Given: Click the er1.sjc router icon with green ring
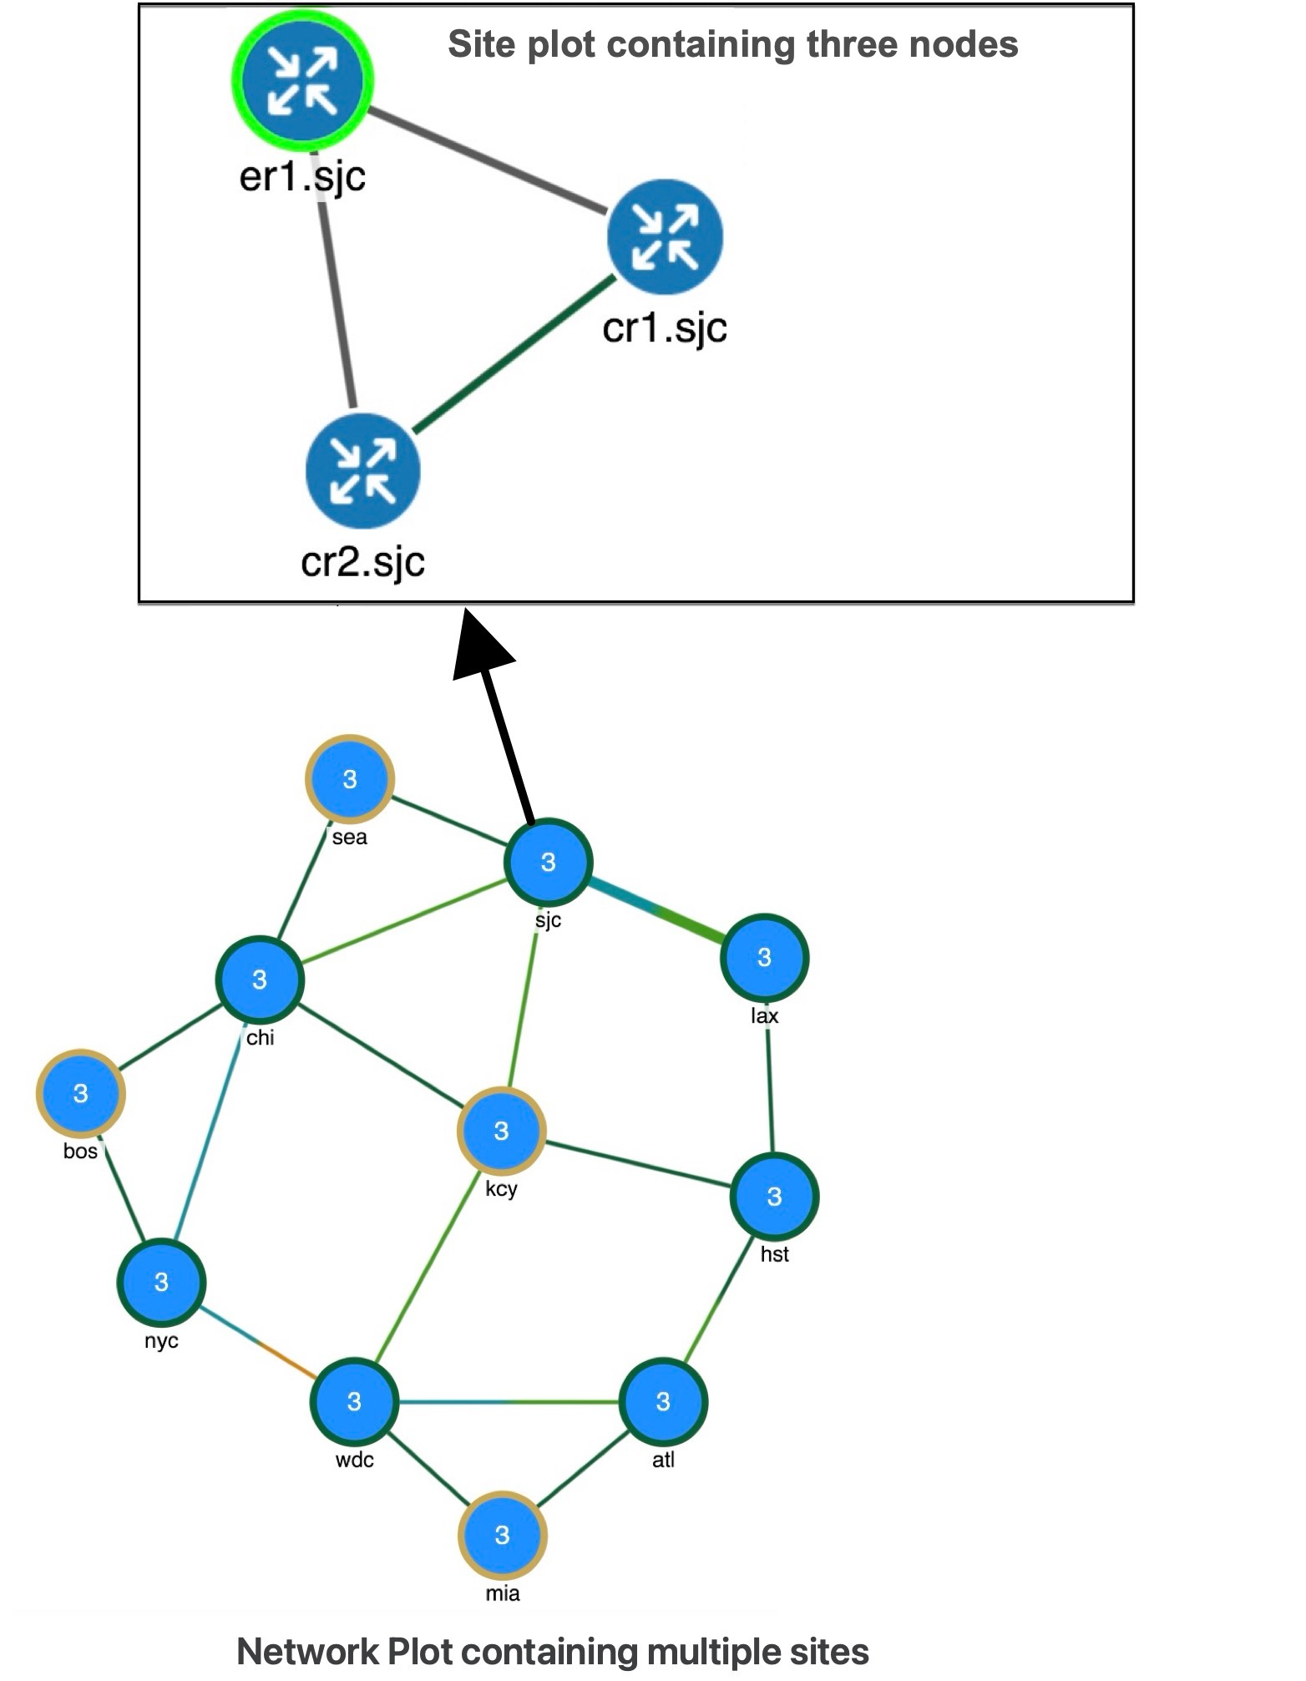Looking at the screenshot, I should pyautogui.click(x=302, y=81).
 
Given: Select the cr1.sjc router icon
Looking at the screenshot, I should pyautogui.click(x=665, y=237).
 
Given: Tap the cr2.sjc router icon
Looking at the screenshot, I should pyautogui.click(x=362, y=472).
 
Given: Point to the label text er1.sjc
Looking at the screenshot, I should pyautogui.click(x=302, y=177).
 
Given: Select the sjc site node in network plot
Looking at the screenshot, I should pyautogui.click(x=548, y=863).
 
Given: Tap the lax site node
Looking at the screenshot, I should pyautogui.click(x=764, y=958).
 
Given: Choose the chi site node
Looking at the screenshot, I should pyautogui.click(x=260, y=980).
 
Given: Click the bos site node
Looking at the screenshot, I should pyautogui.click(x=80, y=1094).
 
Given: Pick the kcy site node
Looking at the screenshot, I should pyautogui.click(x=501, y=1132).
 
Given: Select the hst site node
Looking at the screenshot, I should pyautogui.click(x=774, y=1197).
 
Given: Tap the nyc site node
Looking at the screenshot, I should pyautogui.click(x=161, y=1282).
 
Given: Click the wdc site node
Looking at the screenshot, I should pyautogui.click(x=354, y=1401).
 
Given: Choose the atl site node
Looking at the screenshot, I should pyautogui.click(x=663, y=1401).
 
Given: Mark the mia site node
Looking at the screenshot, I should pyautogui.click(x=502, y=1535).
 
